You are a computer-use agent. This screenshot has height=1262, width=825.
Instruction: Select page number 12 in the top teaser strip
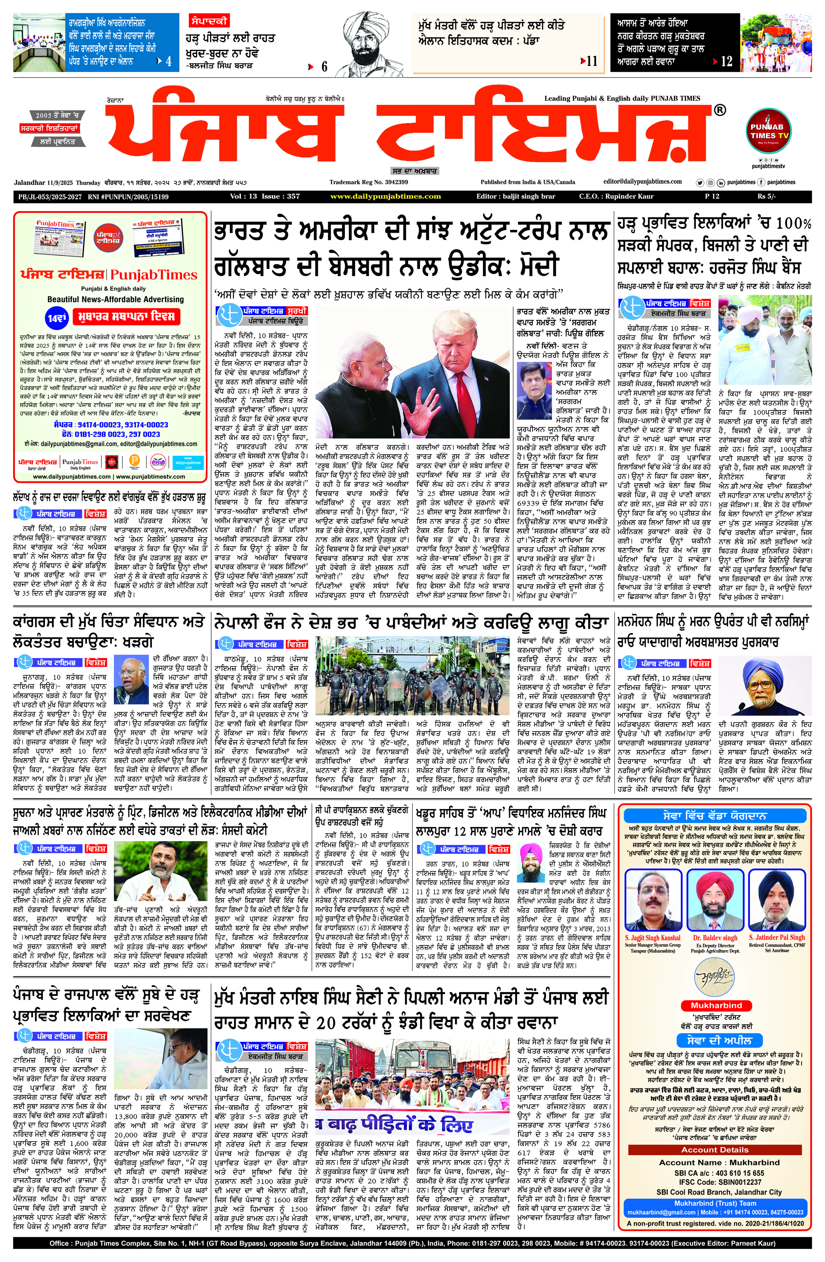point(726,61)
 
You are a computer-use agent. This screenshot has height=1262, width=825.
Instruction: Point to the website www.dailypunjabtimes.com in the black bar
point(385,196)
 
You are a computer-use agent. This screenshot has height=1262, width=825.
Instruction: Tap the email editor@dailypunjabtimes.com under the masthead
point(643,182)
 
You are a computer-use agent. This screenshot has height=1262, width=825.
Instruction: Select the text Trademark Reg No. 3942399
point(368,182)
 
